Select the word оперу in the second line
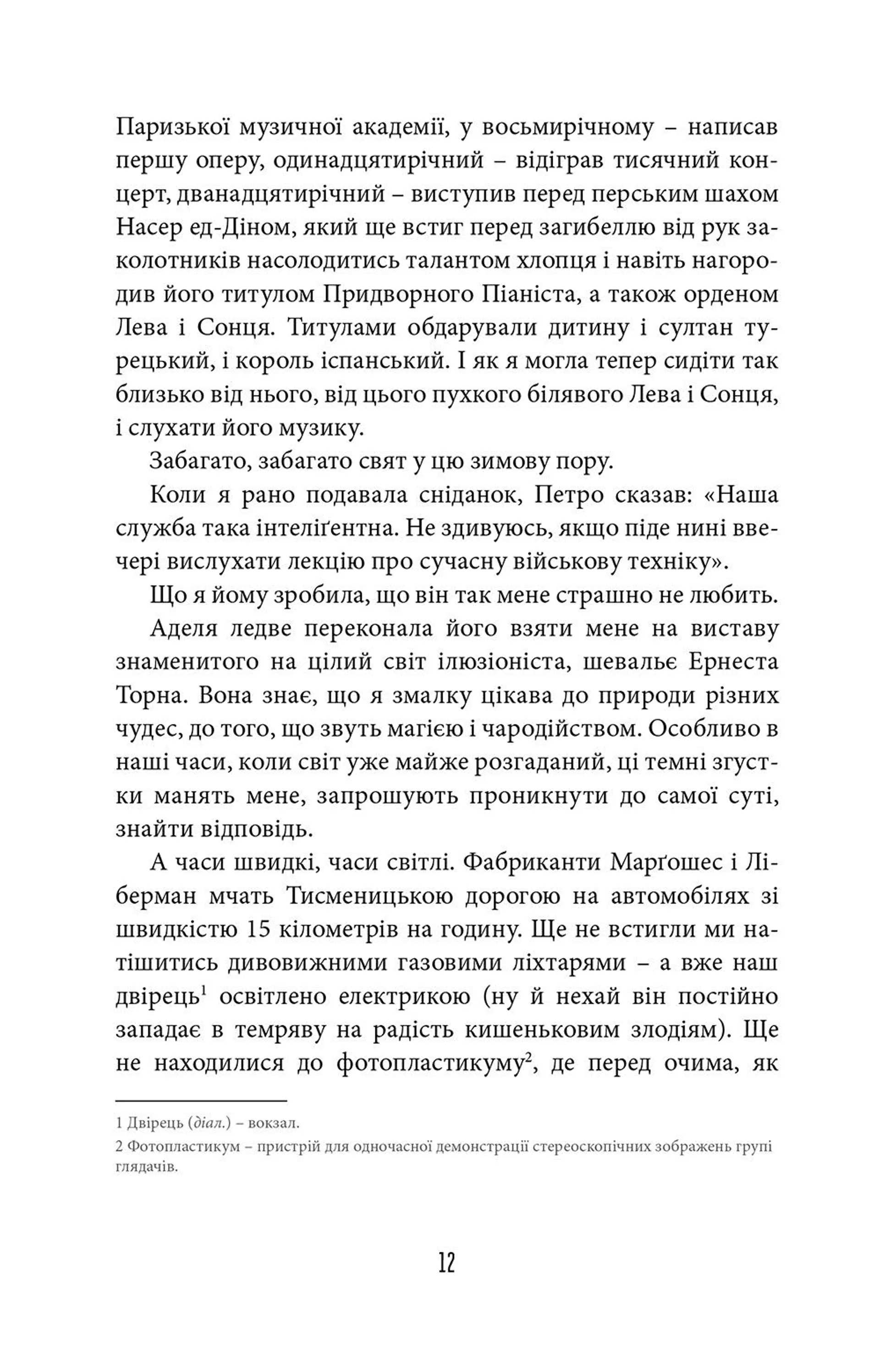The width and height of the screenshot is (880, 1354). tap(223, 161)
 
